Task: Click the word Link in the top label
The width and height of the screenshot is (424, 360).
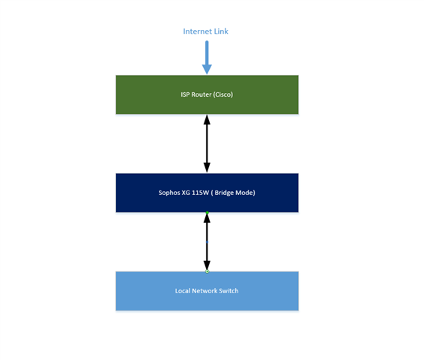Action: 221,31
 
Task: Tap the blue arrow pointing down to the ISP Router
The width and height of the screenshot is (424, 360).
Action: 207,58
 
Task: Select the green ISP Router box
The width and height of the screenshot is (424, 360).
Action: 208,94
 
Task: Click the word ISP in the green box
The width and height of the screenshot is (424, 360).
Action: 185,94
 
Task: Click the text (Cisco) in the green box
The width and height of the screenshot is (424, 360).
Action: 222,94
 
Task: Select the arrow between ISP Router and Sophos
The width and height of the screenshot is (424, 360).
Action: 207,143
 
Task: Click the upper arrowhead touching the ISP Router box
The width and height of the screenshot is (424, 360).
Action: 207,119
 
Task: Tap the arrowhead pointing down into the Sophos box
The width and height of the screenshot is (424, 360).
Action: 207,168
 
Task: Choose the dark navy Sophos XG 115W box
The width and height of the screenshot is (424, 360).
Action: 208,193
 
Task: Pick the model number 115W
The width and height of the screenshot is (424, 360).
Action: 200,193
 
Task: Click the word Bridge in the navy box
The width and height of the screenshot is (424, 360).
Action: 224,193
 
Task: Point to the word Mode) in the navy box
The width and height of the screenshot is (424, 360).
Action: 245,193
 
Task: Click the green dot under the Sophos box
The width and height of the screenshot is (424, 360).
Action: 208,213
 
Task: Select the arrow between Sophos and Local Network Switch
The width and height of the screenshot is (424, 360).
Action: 207,242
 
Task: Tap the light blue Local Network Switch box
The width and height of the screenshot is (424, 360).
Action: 208,291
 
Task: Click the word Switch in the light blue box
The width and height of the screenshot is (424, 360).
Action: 228,291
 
